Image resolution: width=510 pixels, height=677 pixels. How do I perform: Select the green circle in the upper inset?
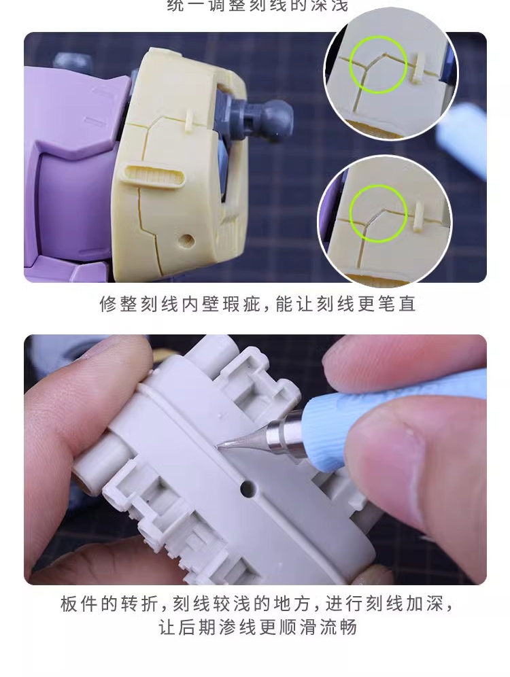pyautogui.click(x=379, y=64)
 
